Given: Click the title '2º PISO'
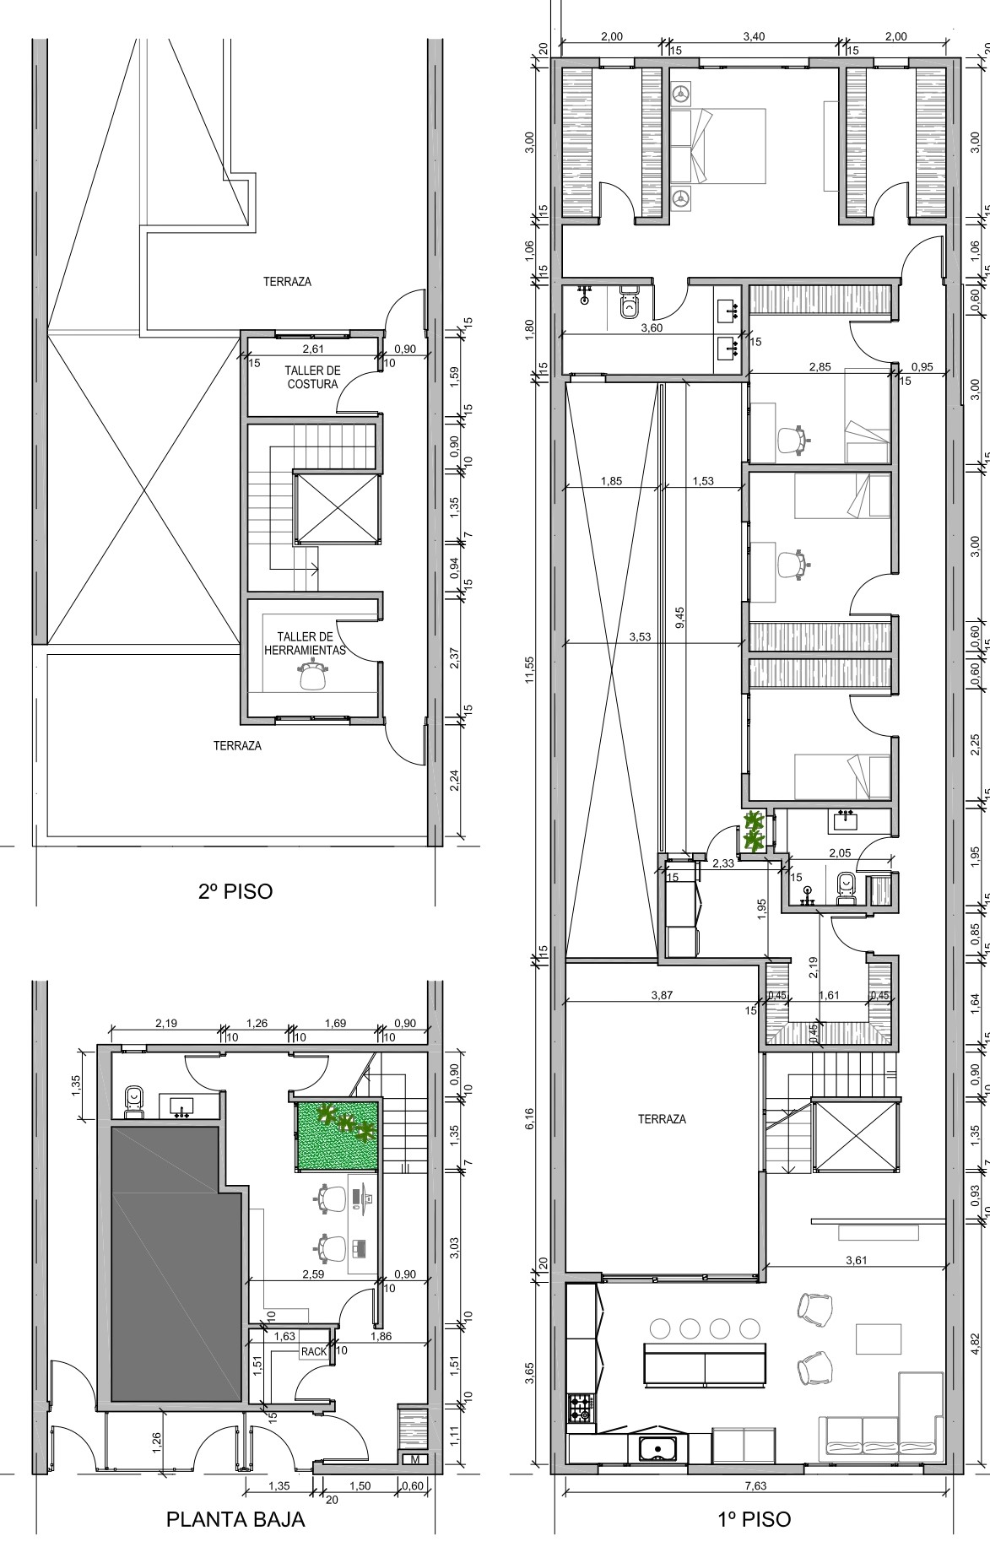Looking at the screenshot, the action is (x=235, y=891).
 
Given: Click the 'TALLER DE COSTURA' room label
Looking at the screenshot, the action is (x=312, y=377).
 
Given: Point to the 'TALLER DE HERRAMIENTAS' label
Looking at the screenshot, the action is (x=306, y=644).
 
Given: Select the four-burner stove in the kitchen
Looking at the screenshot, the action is (x=581, y=1408).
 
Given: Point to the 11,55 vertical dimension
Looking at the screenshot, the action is (x=529, y=671).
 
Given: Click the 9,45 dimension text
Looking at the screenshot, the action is (x=679, y=618).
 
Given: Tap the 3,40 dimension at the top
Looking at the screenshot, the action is (x=754, y=36).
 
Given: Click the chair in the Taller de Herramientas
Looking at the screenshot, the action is (x=313, y=676).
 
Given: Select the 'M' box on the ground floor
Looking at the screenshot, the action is (x=415, y=1460).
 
